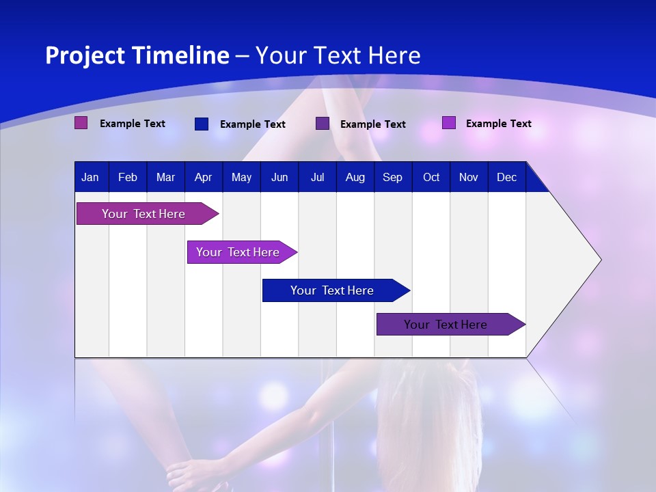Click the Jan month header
pos(90,178)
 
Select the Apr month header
pos(203,178)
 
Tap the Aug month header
pos(355,178)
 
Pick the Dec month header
pos(506,178)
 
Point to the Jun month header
pos(279,178)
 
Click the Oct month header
pos(430,178)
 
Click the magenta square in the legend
pos(81,123)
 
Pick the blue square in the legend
pos(201,124)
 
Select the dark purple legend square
pos(322,123)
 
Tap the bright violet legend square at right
pos(448,123)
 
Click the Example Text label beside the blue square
pos(252,124)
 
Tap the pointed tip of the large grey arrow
pos(599,260)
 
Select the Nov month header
pos(468,178)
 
